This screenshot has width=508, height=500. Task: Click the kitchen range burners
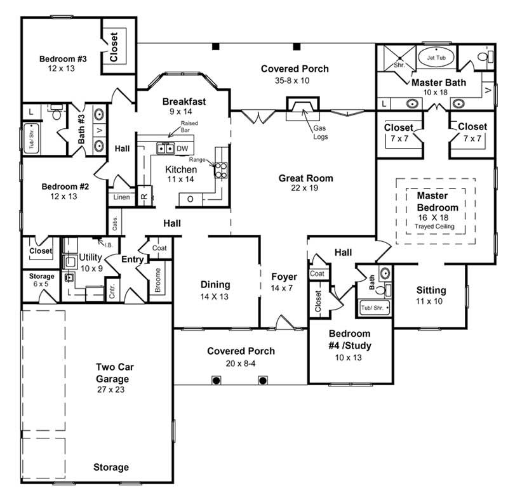point(221,169)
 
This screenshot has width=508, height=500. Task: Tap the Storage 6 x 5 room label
point(41,280)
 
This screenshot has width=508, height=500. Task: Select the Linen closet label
point(121,197)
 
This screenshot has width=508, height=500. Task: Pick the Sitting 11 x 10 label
point(431,295)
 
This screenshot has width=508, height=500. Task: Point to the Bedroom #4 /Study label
point(350,340)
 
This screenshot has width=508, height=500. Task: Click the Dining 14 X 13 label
point(215,290)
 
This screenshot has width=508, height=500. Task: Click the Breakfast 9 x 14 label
point(184,106)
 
